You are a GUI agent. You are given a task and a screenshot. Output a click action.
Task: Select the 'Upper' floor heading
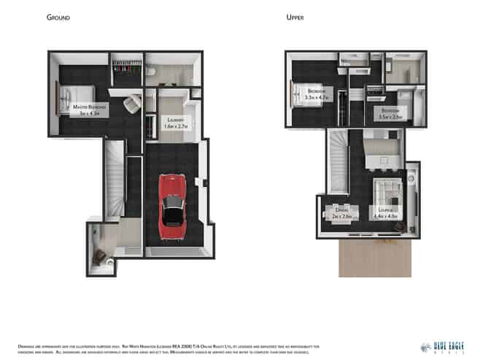[x=295, y=17]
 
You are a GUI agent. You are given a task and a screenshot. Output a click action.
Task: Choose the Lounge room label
[x=385, y=213]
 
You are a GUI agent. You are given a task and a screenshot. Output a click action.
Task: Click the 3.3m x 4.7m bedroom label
[x=316, y=94]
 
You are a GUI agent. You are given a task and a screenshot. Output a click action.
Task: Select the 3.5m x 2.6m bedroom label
[x=391, y=114]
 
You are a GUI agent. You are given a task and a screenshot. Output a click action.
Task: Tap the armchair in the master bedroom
[x=132, y=104]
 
